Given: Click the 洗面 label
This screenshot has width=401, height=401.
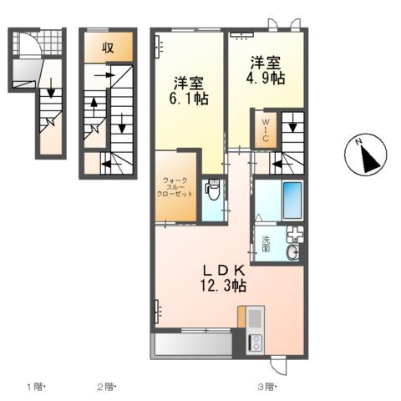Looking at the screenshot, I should click(x=266, y=244).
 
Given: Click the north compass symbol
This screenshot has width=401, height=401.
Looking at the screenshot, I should click(x=364, y=156).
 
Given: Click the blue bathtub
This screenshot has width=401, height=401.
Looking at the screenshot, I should click(x=292, y=200).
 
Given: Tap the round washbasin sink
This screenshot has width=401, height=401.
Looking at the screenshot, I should click(x=293, y=252).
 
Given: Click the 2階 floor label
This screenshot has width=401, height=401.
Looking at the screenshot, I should click(x=106, y=386).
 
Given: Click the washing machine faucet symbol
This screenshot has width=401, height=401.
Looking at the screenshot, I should click(x=295, y=235).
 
